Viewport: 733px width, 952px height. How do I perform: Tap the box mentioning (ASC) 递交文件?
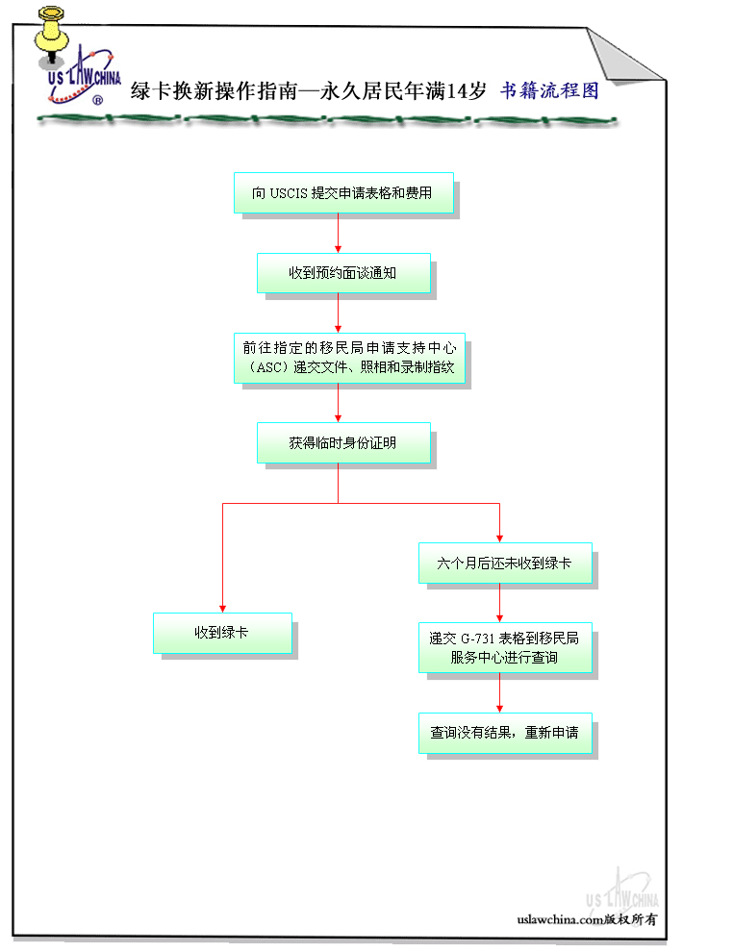click(x=348, y=358)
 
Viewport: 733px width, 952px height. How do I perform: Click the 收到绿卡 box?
click(x=222, y=633)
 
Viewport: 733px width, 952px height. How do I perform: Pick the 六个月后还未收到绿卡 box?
click(x=504, y=564)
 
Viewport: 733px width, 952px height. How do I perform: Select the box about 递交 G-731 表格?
click(x=504, y=649)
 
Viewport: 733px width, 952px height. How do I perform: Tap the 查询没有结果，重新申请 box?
click(x=504, y=732)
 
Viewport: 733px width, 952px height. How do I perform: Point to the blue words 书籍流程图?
click(x=549, y=91)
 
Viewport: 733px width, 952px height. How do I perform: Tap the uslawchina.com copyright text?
click(x=587, y=919)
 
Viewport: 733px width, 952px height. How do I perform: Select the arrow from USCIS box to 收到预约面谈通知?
click(x=339, y=234)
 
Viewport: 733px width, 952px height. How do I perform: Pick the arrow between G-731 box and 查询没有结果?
click(x=500, y=694)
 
